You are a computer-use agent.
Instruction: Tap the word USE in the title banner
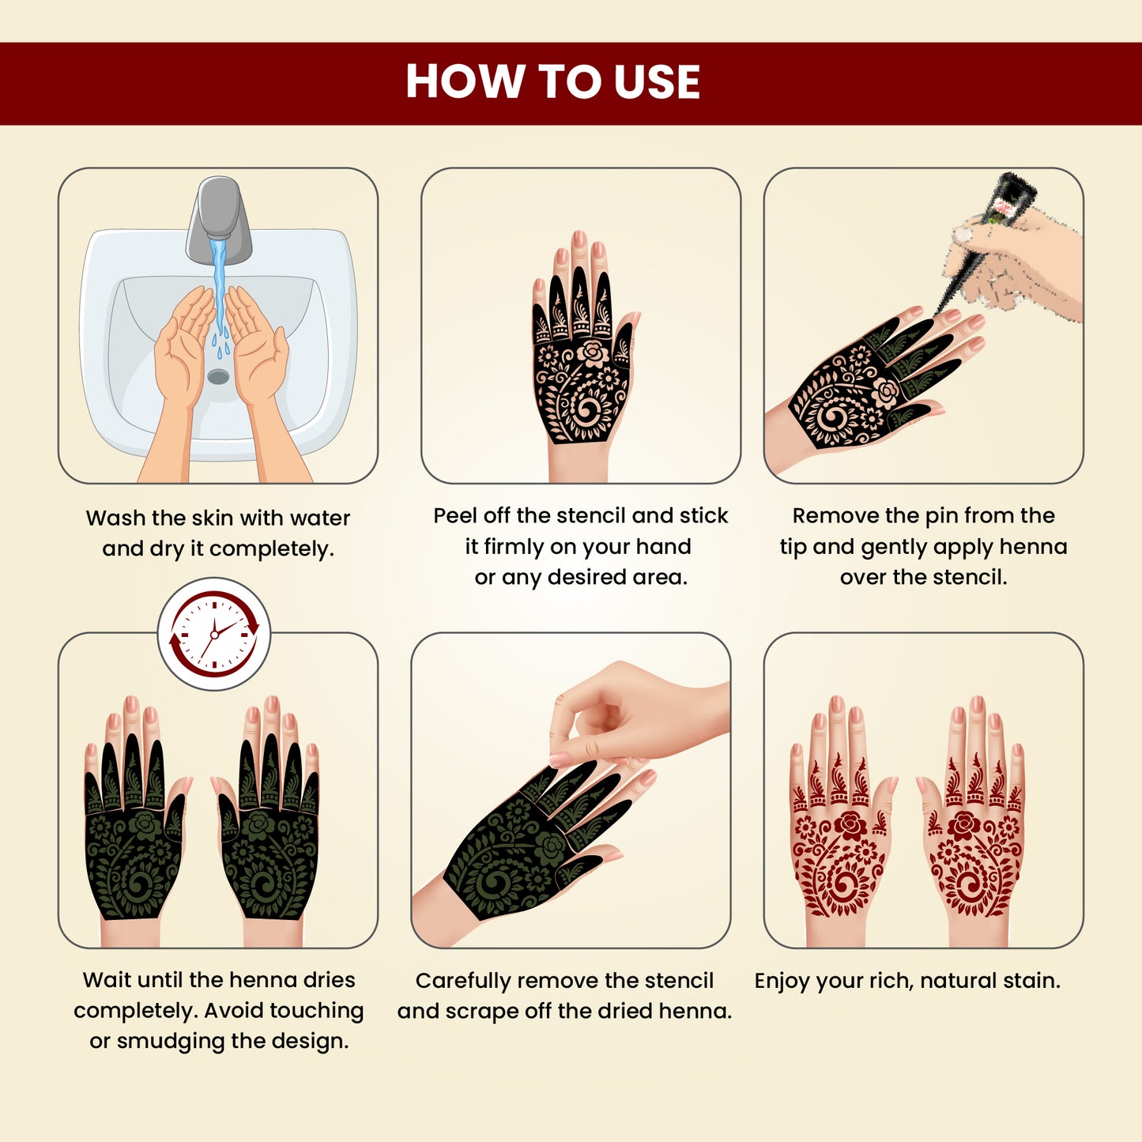pos(656,82)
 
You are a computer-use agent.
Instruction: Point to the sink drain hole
pos(218,376)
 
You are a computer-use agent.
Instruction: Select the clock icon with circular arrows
pos(214,634)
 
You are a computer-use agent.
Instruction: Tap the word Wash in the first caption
pos(116,518)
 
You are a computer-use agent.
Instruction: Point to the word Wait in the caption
pos(106,980)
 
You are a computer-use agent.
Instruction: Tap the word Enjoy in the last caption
pos(782,981)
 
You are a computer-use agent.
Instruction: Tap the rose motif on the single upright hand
pos(591,352)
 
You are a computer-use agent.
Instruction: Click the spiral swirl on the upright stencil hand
pos(586,409)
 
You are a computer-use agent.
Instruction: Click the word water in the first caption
pos(319,518)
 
